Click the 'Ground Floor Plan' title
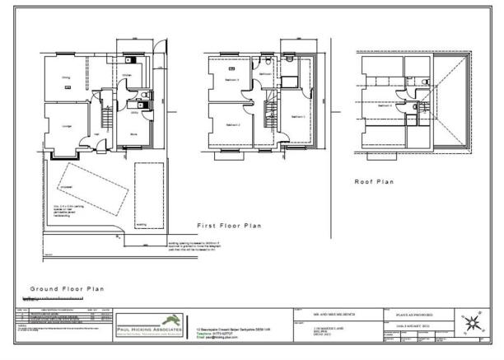(x=68, y=289)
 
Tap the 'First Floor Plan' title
(x=230, y=224)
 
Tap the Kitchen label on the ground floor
(x=126, y=74)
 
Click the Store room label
(x=133, y=132)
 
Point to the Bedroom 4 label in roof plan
(x=385, y=106)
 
